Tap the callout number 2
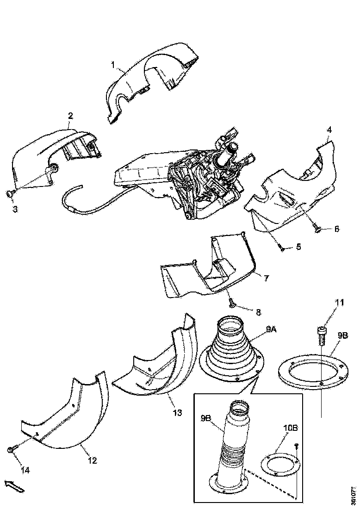(x=70, y=115)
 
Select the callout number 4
(x=329, y=130)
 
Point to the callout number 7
(x=267, y=278)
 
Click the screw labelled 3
(x=10, y=193)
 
